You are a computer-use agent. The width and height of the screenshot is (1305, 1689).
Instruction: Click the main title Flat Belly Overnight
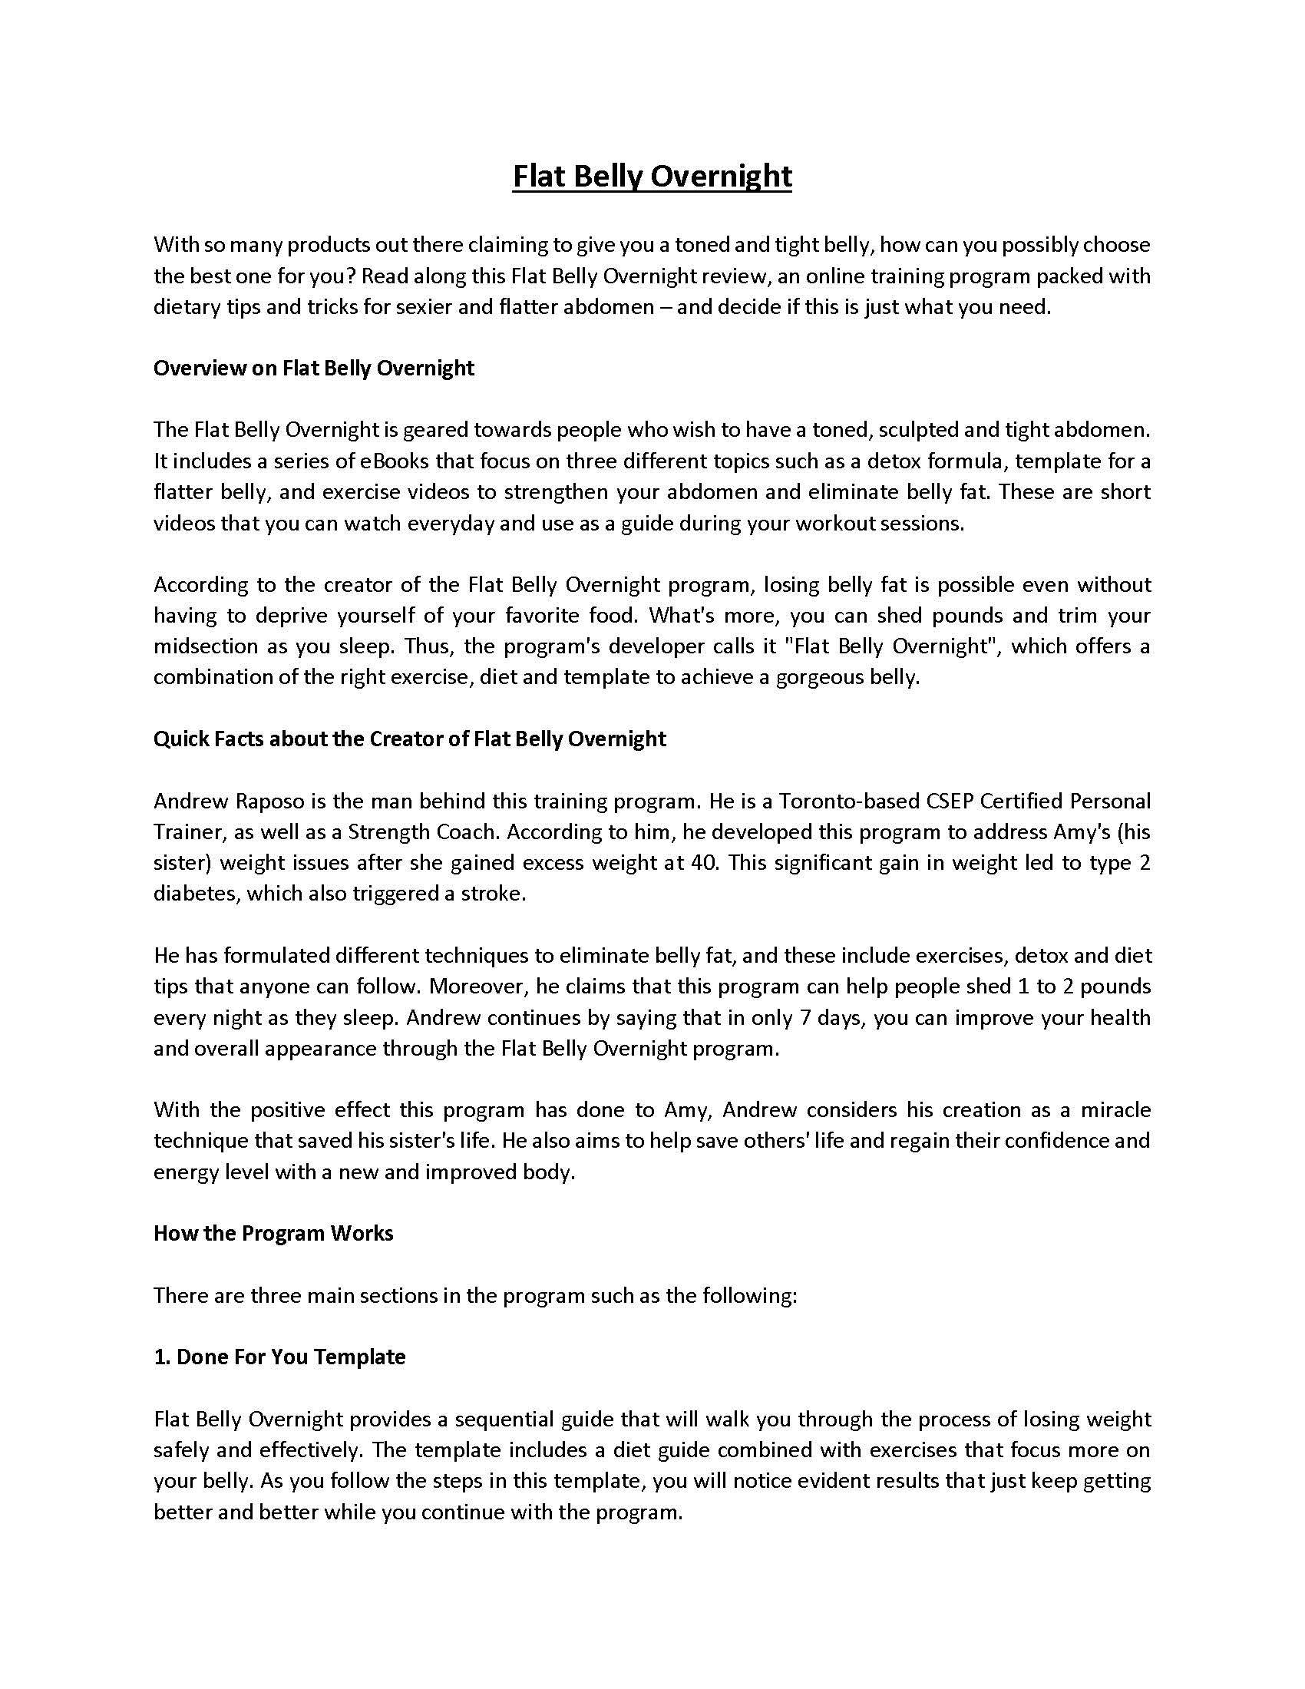pyautogui.click(x=652, y=177)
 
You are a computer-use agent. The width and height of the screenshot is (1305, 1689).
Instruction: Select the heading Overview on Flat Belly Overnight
pyautogui.click(x=313, y=368)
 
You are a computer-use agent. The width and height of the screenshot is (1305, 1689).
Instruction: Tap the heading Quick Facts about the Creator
pyautogui.click(x=409, y=739)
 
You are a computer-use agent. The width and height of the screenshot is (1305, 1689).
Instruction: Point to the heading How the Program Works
pyautogui.click(x=273, y=1233)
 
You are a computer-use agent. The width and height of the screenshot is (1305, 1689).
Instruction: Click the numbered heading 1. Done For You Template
pyautogui.click(x=279, y=1357)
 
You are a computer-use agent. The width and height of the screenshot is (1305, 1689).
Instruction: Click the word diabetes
pyautogui.click(x=193, y=894)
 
